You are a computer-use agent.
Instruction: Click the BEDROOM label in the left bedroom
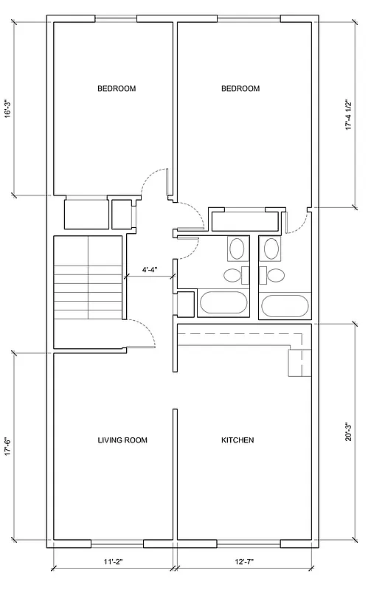117,88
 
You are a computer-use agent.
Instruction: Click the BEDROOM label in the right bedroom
240,88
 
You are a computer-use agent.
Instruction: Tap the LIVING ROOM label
122,440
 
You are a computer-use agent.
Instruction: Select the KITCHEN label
237,440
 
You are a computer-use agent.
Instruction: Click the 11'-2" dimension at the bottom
113,563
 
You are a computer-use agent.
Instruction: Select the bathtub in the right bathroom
285,305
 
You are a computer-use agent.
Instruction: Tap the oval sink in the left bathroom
238,249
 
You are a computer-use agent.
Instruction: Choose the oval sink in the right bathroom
271,249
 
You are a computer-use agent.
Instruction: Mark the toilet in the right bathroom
275,276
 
